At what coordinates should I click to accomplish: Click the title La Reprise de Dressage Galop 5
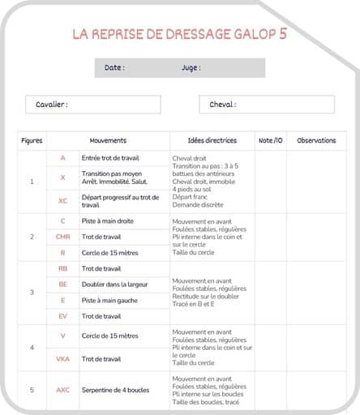click(179, 34)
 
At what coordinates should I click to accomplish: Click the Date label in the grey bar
click(114, 68)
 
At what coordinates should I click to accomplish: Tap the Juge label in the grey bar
click(191, 68)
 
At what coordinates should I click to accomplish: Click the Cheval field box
click(266, 105)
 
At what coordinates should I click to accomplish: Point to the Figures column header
click(32, 140)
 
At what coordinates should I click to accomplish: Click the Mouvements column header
click(108, 140)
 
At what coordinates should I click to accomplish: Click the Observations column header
click(316, 140)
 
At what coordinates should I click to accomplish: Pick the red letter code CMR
click(62, 237)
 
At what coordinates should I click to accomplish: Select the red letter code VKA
click(62, 359)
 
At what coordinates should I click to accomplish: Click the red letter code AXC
click(62, 390)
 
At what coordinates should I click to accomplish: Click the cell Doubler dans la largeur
click(114, 285)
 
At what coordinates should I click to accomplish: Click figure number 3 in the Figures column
click(32, 292)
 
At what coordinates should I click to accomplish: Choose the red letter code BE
click(62, 285)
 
